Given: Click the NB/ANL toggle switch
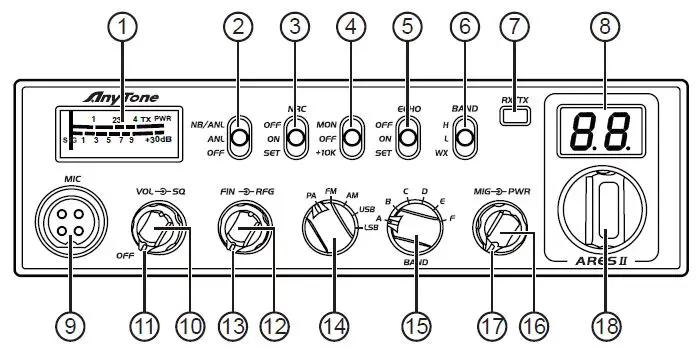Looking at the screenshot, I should point(238,138).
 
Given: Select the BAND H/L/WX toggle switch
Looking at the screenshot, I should point(463,138).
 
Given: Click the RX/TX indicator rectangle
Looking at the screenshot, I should point(514,114).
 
